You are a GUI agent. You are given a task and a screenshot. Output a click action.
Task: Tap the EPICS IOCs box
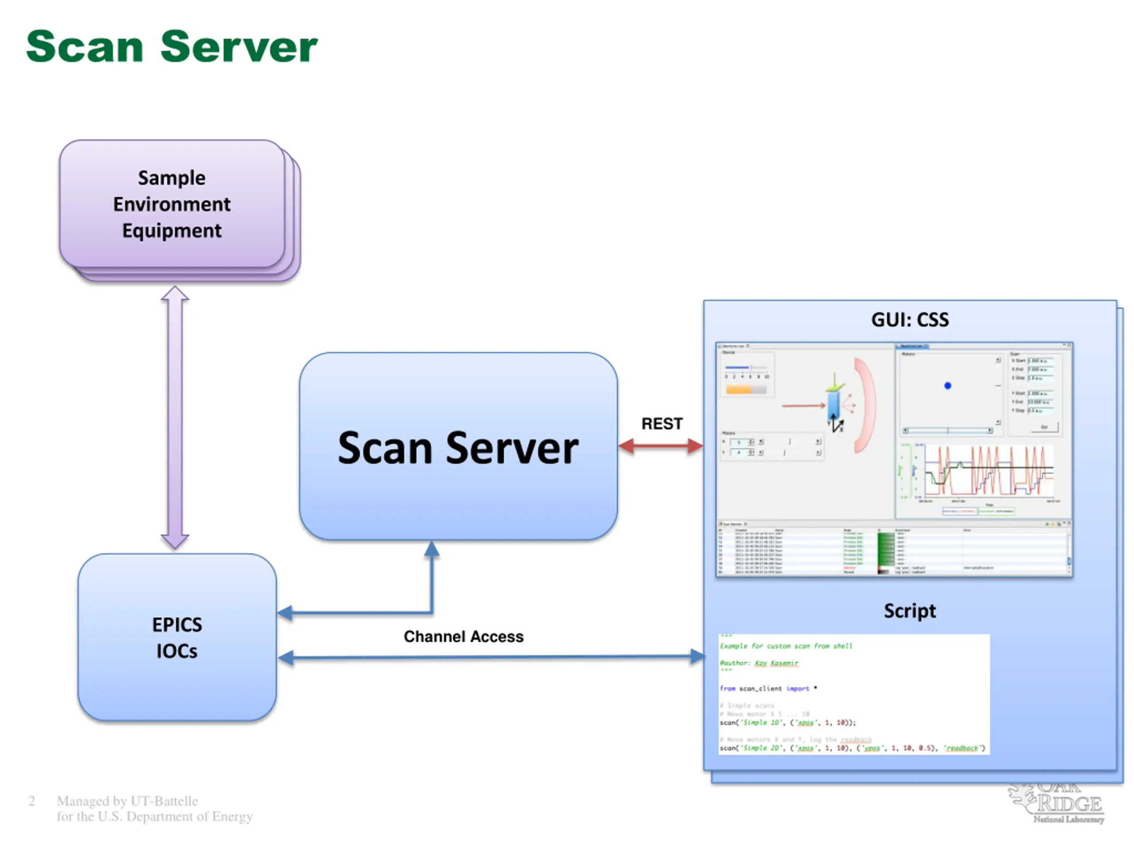click(x=177, y=637)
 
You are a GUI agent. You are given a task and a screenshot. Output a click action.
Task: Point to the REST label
click(x=662, y=424)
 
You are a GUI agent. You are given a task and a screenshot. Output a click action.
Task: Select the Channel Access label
click(x=463, y=636)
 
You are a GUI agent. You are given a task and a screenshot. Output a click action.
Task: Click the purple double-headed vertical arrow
click(x=175, y=417)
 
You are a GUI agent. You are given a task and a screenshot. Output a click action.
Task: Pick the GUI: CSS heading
click(x=909, y=320)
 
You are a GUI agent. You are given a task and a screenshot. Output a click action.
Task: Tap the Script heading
click(x=909, y=611)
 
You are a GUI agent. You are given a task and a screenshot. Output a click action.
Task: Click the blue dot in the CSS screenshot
click(x=948, y=386)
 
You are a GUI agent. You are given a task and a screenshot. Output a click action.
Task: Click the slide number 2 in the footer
click(x=32, y=801)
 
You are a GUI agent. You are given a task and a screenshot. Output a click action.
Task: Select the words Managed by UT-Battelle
click(x=127, y=801)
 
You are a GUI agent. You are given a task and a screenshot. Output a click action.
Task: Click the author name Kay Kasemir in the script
click(x=776, y=663)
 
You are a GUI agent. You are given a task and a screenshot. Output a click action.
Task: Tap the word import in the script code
click(x=797, y=688)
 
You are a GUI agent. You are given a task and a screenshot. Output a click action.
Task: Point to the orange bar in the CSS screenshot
click(x=739, y=390)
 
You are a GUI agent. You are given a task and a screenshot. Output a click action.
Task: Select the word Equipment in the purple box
click(x=172, y=231)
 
